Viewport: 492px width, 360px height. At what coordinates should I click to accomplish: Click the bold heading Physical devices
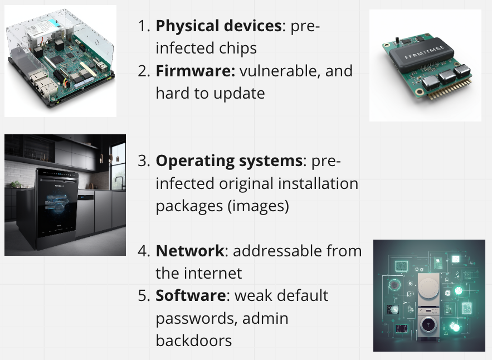[219, 26]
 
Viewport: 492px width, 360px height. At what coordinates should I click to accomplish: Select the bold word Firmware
[196, 71]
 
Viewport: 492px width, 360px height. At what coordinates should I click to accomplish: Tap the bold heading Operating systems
[229, 161]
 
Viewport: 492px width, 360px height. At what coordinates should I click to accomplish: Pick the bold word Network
[190, 251]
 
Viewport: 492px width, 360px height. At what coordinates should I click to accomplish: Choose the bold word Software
[191, 296]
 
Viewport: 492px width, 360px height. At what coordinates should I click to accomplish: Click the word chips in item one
[238, 48]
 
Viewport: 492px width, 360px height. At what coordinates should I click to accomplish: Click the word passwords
[197, 319]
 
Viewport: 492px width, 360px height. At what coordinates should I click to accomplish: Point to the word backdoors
[194, 340]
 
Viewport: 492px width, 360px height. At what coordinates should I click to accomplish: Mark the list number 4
[144, 251]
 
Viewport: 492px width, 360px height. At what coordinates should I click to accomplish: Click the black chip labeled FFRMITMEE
[421, 54]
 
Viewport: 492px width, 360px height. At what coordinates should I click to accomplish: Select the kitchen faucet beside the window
[119, 182]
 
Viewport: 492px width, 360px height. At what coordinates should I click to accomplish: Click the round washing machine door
[428, 324]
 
